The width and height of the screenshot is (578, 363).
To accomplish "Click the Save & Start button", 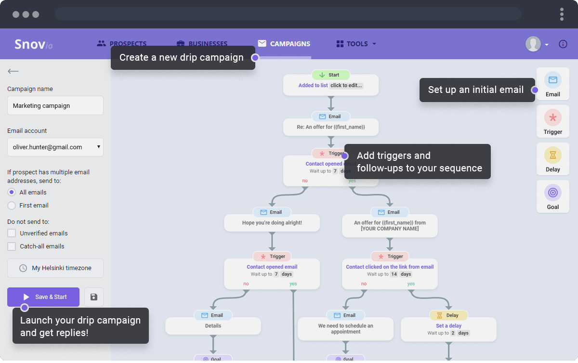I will [x=43, y=297].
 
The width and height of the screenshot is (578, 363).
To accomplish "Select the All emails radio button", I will [x=12, y=192].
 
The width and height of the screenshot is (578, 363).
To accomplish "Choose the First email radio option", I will [x=12, y=206].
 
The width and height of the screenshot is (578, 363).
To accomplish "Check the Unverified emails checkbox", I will [x=12, y=233].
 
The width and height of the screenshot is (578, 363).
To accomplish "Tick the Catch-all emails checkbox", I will [x=12, y=246].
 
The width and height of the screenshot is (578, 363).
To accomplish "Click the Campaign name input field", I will [x=55, y=105].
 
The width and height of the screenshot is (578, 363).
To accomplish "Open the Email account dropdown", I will [x=55, y=147].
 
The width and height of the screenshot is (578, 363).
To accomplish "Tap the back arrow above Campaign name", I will [x=13, y=72].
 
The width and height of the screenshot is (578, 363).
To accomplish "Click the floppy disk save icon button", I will [x=94, y=297].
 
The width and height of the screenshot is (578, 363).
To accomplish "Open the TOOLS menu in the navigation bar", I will [x=356, y=44].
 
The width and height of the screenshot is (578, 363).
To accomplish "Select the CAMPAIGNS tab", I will [x=284, y=44].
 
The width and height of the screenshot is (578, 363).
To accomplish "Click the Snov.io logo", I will [x=33, y=44].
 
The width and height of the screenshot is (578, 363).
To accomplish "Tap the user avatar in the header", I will [x=533, y=44].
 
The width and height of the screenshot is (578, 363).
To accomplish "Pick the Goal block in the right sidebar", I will [x=553, y=196].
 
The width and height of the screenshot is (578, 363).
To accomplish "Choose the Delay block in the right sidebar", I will [x=553, y=159].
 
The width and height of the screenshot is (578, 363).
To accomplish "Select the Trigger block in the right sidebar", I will [x=553, y=121].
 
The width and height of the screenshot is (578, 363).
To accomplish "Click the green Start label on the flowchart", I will [x=330, y=75].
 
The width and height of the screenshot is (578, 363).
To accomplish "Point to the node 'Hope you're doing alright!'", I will [x=272, y=223].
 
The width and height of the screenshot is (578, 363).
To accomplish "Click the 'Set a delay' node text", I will [x=448, y=326].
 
